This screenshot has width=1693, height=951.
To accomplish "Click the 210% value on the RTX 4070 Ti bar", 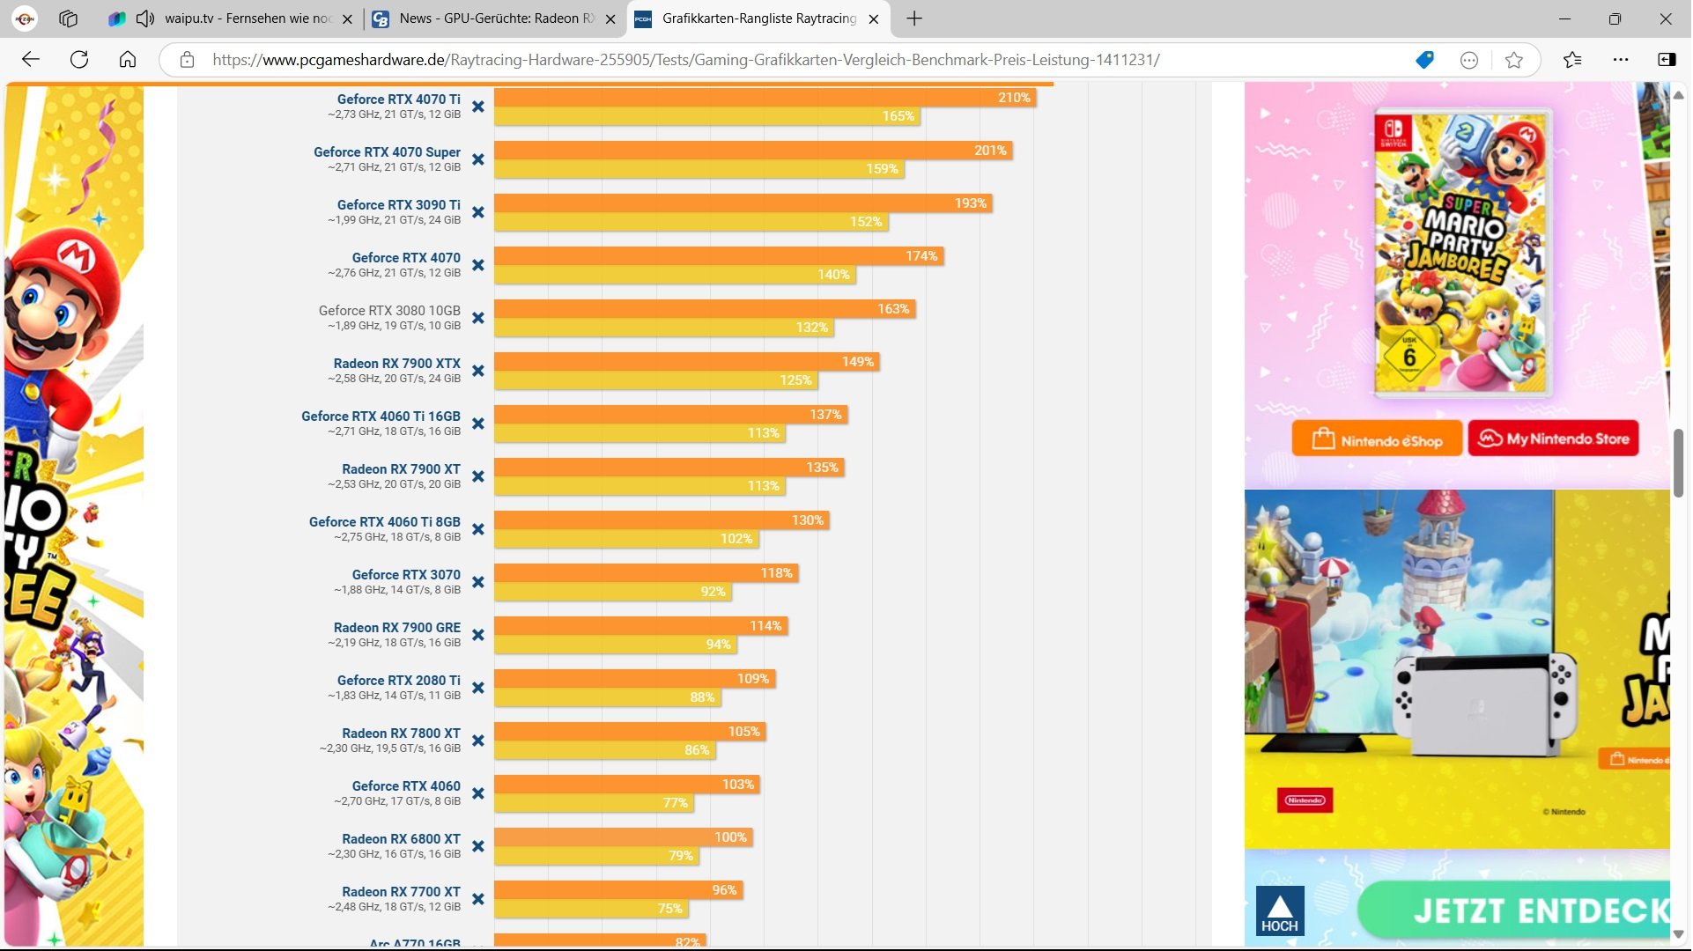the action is click(x=1014, y=98).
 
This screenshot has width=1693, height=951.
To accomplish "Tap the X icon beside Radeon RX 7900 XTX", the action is click(x=477, y=371).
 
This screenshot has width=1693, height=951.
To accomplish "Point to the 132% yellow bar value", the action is click(x=812, y=328).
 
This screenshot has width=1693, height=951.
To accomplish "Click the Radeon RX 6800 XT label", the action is click(x=401, y=838).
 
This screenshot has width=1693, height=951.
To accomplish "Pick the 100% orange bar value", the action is click(x=730, y=837).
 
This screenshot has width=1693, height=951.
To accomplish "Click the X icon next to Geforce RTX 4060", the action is click(x=477, y=793).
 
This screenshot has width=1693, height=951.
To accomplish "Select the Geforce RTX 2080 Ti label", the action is click(x=398, y=680).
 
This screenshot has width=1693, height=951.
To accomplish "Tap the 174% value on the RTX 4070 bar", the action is click(x=921, y=256).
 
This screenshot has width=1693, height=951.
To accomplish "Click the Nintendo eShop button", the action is click(x=1377, y=439).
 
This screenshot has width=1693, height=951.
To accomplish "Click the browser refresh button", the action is click(x=79, y=60).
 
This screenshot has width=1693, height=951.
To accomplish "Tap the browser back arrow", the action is click(x=31, y=60).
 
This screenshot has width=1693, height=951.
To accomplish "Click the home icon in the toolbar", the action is click(x=128, y=60).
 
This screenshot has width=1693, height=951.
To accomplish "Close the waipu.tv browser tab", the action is click(x=347, y=18).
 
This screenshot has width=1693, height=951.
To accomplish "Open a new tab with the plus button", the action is click(x=914, y=18).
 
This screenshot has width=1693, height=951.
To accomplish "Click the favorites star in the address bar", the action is click(x=1514, y=60).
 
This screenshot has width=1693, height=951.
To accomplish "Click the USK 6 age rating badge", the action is click(x=1409, y=355).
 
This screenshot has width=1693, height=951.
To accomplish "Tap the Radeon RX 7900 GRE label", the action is click(x=396, y=627).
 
